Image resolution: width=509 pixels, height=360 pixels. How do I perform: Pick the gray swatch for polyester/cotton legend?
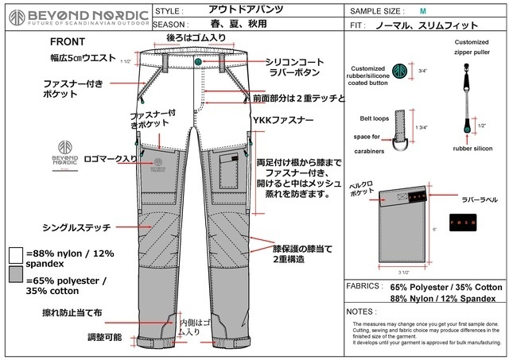point(16,274)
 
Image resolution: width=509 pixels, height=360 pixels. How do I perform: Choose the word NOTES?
point(364,312)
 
